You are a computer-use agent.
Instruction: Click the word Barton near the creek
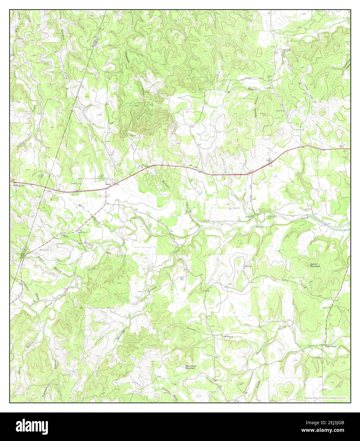(x=253, y=89)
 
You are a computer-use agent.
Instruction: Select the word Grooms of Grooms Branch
(x=192, y=330)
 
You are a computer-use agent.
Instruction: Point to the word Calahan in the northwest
(x=62, y=36)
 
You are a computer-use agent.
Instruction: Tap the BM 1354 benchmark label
(x=193, y=166)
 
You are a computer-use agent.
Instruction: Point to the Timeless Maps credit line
(x=324, y=398)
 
